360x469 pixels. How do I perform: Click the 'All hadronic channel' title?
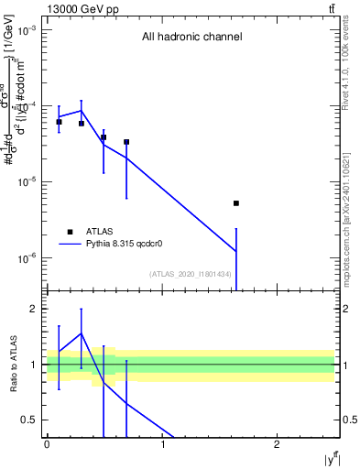[191, 38]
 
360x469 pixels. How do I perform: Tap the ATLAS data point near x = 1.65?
[236, 203]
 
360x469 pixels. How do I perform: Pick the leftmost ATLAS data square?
[59, 122]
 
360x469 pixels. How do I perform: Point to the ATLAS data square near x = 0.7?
[126, 142]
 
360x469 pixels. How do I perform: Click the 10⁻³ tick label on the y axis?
[28, 30]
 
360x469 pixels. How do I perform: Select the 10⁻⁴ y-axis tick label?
[28, 106]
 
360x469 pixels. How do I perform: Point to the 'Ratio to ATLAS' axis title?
[14, 364]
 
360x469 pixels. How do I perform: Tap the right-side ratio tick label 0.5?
[347, 420]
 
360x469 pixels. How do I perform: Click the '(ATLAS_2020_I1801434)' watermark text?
[191, 274]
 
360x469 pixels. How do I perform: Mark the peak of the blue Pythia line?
[82, 111]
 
